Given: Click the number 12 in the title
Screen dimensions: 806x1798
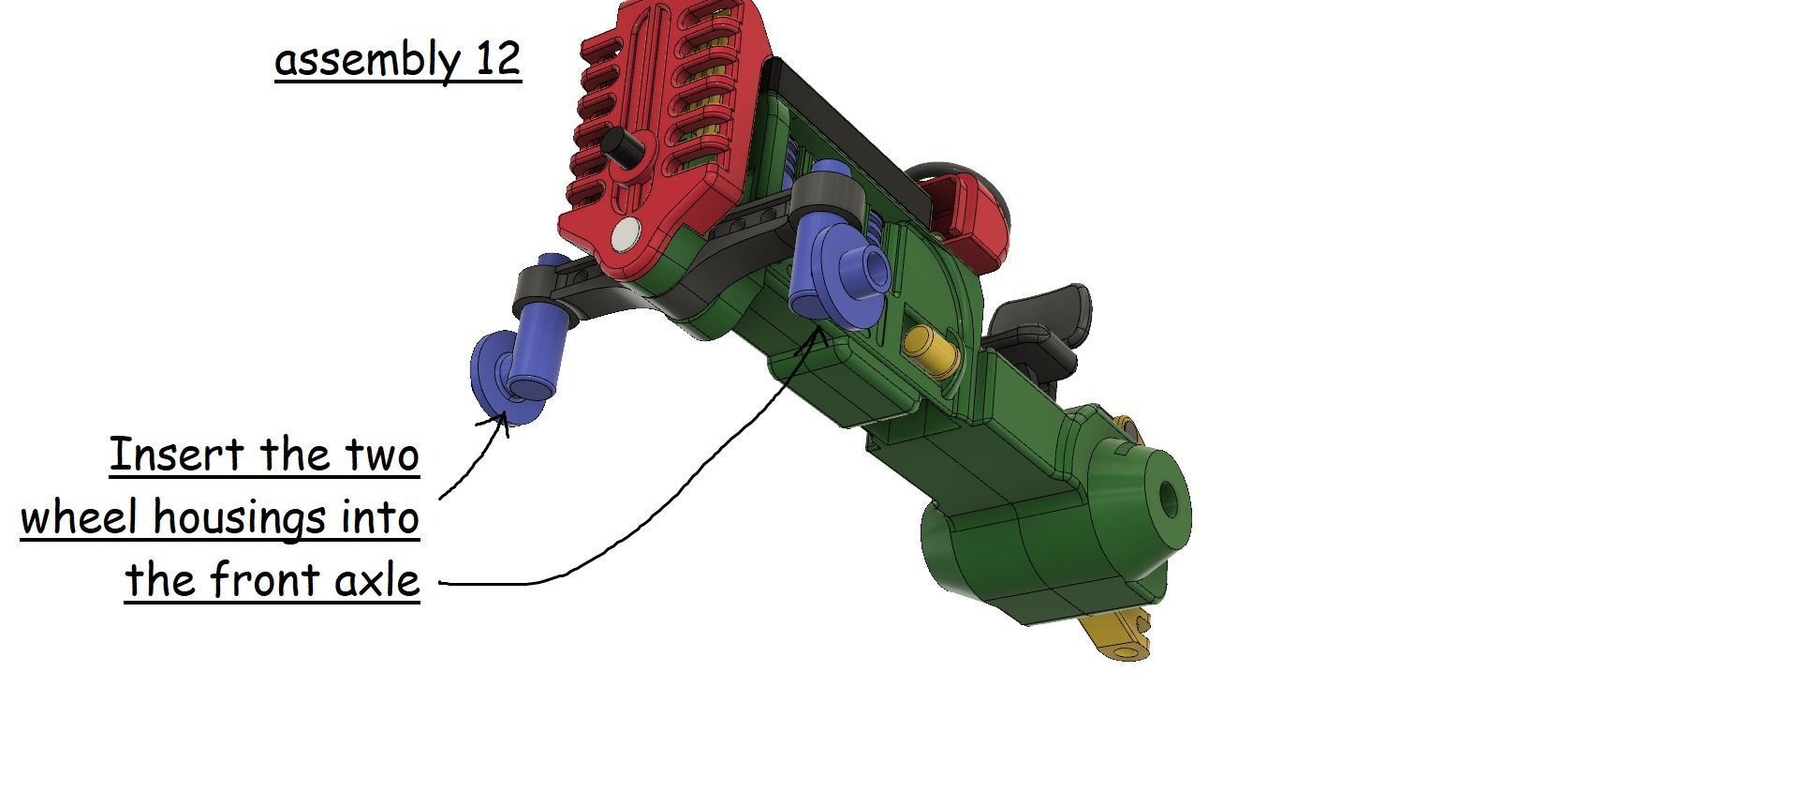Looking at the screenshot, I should (x=497, y=59).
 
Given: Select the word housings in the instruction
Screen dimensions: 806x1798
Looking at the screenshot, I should (x=243, y=518).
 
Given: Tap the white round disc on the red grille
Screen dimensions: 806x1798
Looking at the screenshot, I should (x=625, y=234).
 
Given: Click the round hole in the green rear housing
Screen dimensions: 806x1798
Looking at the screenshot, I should (x=1170, y=499).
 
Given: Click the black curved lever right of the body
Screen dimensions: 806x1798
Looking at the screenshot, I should (x=1049, y=319).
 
